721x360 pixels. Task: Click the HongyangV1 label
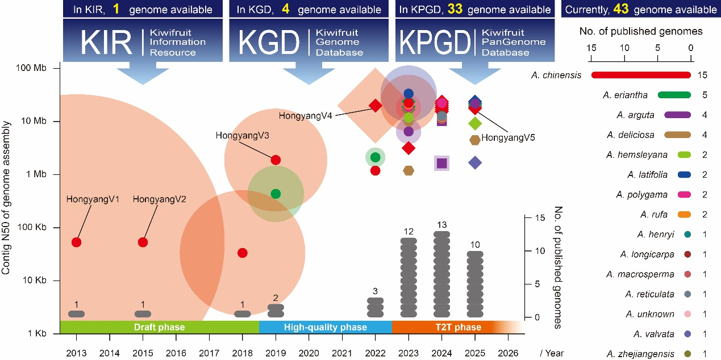(x=91, y=199)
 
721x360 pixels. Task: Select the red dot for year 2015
(x=143, y=242)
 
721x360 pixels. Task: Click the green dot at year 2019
(x=276, y=194)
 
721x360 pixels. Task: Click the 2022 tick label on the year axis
(x=375, y=353)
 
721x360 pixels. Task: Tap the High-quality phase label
(x=326, y=327)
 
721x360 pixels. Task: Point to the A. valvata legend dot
(x=687, y=334)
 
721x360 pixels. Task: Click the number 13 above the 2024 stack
(x=442, y=225)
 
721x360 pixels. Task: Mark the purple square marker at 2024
(x=442, y=164)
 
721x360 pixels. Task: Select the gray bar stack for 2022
(x=375, y=307)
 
